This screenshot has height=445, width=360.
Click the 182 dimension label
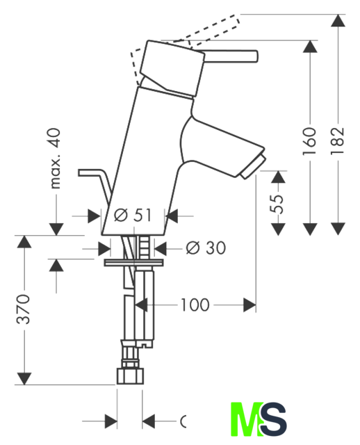point(338,140)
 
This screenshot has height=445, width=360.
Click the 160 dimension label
point(309,141)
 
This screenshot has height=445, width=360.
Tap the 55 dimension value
point(277,204)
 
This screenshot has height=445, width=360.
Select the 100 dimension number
point(195,305)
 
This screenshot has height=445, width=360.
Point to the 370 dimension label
point(23,309)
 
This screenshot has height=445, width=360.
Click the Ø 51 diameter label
point(133,215)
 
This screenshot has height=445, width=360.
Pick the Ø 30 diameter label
point(206,248)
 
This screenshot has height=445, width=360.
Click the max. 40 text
point(54,159)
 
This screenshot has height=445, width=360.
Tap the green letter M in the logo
point(246,419)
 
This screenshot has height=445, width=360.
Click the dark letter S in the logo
point(273,419)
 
